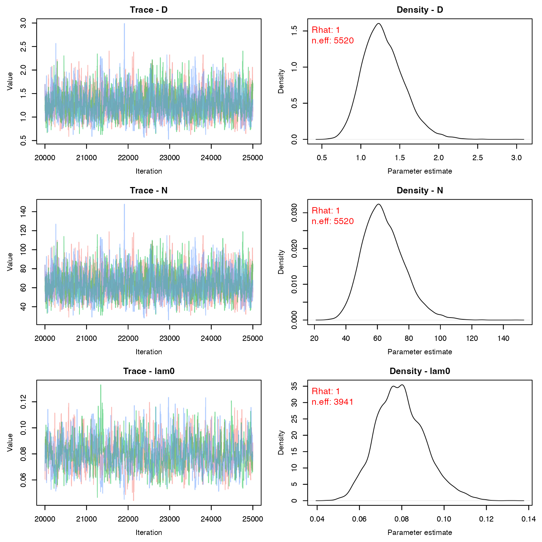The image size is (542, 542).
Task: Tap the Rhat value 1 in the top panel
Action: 338,30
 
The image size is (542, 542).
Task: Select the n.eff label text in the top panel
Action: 321,41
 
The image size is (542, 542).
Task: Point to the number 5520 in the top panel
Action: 343,41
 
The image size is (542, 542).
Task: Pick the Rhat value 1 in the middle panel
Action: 338,211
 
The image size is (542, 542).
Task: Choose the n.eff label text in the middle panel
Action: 321,221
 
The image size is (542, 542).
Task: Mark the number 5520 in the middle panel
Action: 343,221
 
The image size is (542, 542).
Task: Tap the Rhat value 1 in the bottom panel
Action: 338,391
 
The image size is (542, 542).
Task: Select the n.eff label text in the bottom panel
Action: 321,402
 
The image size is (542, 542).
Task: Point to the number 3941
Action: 343,402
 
